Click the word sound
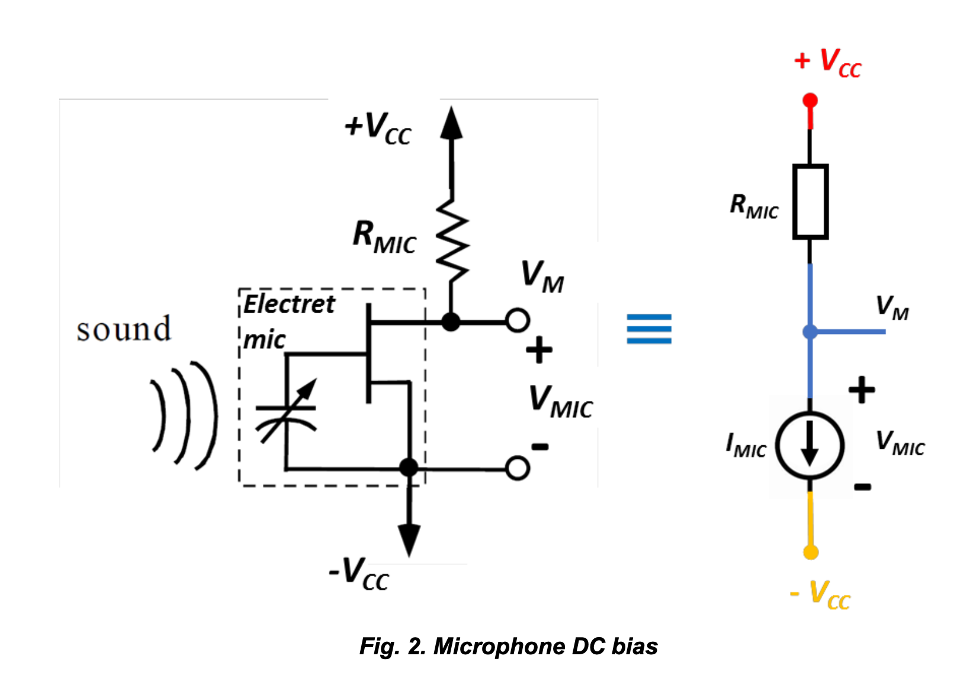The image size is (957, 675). tap(124, 329)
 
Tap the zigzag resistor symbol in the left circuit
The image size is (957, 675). tap(452, 240)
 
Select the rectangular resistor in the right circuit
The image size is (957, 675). tap(810, 202)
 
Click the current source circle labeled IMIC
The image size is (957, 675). tap(810, 445)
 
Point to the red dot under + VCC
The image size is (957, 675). tap(810, 101)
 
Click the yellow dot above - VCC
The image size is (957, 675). tap(811, 552)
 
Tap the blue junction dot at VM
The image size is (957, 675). tap(810, 332)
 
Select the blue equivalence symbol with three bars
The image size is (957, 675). tap(649, 329)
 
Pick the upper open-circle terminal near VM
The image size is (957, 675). tap(518, 321)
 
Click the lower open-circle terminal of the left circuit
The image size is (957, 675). tap(518, 468)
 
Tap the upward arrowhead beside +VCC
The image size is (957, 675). tap(451, 123)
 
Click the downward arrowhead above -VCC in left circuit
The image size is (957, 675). tap(409, 539)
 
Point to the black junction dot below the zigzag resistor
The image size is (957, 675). tap(451, 322)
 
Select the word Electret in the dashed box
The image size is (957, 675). tap(289, 304)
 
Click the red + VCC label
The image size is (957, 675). tap(828, 62)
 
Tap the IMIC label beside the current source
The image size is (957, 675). tap(746, 445)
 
